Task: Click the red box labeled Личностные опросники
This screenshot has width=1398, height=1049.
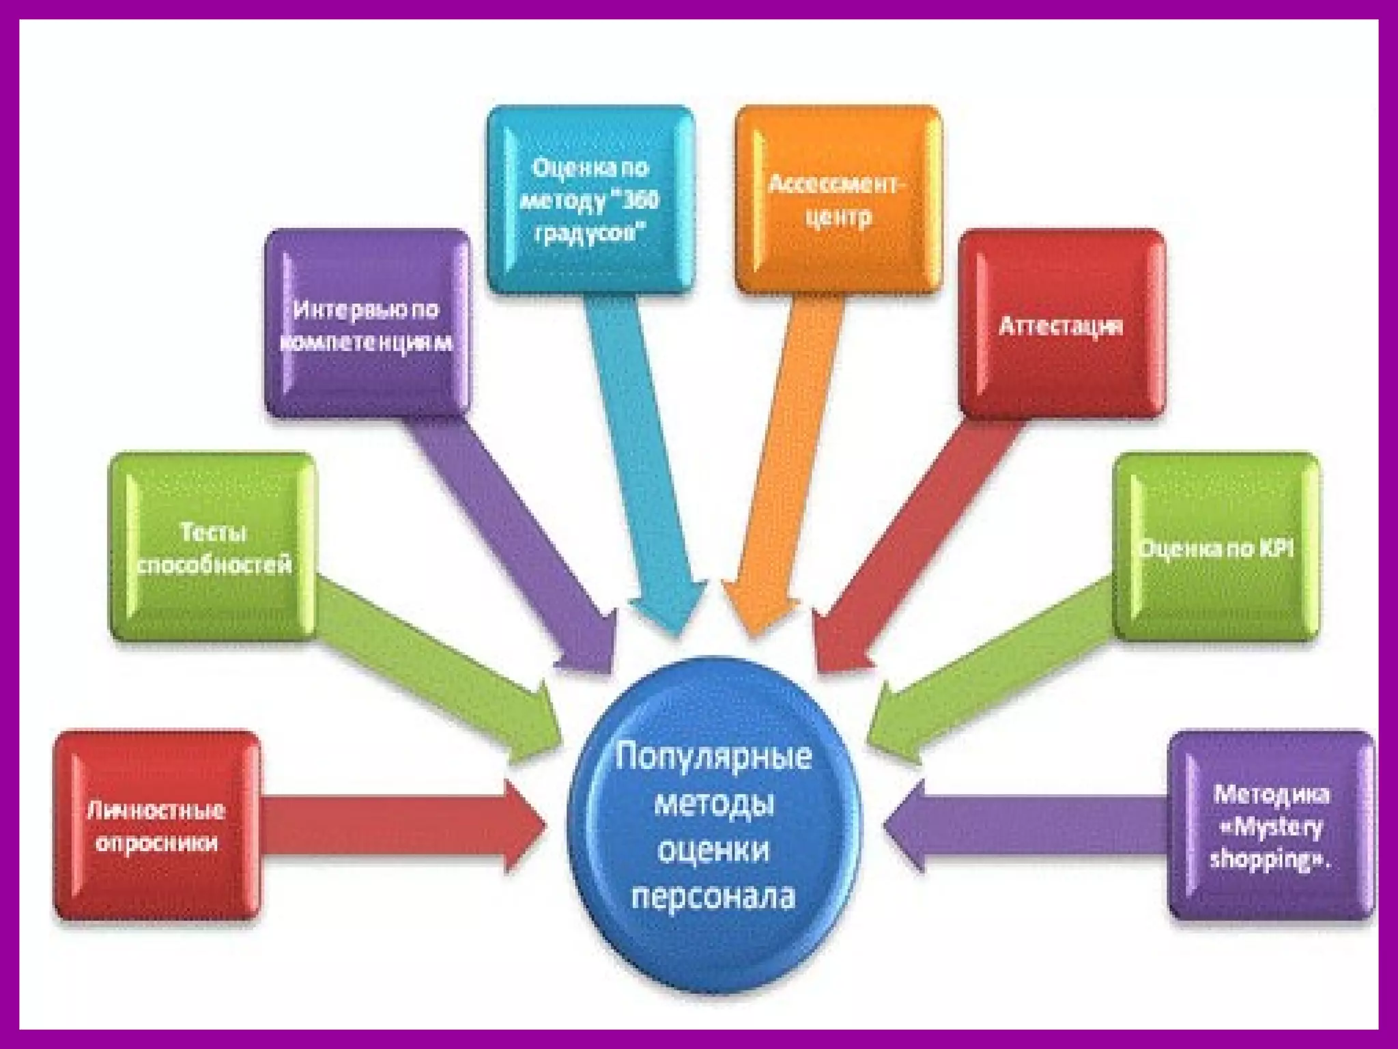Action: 157,826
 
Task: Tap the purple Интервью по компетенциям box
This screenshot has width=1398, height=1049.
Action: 367,324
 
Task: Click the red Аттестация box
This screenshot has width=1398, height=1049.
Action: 1061,324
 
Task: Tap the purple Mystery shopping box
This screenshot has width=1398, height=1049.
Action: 1271,826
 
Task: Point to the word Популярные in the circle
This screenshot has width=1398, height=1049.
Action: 714,757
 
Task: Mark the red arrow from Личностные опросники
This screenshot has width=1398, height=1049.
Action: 396,826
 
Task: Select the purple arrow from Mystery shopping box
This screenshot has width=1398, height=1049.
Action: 1024,826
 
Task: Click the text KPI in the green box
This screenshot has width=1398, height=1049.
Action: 1275,548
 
